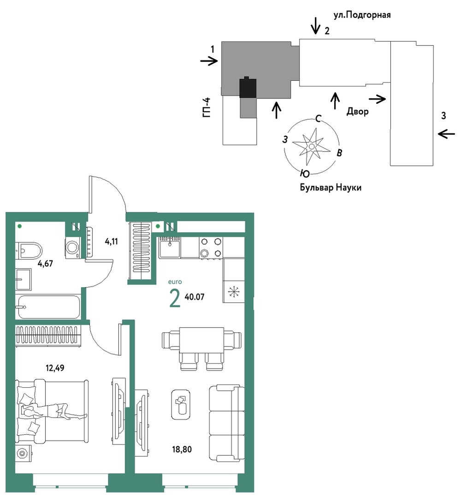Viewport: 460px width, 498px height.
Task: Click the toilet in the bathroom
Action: click(29, 251)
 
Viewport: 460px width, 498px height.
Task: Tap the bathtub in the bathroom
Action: click(48, 307)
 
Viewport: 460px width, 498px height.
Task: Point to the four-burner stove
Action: click(211, 248)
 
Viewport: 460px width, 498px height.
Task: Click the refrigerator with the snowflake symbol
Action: click(234, 292)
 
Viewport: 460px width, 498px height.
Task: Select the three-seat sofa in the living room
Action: click(227, 423)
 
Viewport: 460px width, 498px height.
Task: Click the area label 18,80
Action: click(182, 450)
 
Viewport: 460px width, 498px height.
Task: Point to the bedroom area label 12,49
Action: click(55, 368)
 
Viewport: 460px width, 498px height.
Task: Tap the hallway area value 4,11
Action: click(112, 241)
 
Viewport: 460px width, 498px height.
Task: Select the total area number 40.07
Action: click(195, 297)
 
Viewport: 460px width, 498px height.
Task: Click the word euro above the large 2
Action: click(175, 282)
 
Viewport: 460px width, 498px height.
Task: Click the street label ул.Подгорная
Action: click(362, 15)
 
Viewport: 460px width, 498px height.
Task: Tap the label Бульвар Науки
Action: click(330, 188)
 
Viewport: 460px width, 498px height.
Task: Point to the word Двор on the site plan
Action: click(358, 112)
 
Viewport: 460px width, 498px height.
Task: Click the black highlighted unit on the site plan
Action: click(248, 87)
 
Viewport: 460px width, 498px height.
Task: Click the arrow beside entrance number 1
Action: click(209, 61)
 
